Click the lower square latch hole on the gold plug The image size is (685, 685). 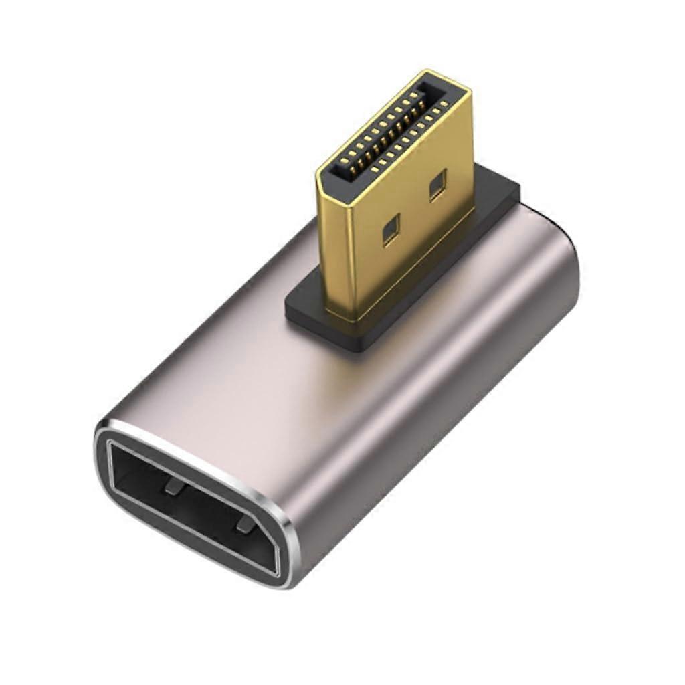389,231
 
